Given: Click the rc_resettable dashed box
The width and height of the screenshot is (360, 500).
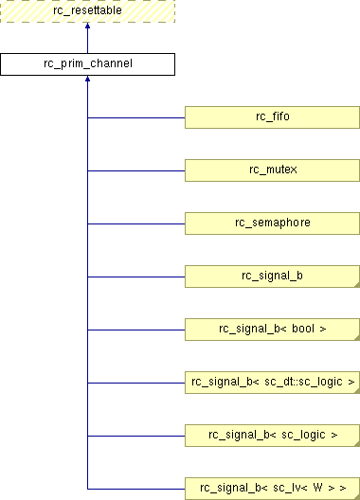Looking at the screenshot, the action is [87, 11].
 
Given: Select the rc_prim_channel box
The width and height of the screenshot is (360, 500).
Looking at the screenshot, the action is [87, 64].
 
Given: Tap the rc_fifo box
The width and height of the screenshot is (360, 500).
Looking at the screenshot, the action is [272, 117].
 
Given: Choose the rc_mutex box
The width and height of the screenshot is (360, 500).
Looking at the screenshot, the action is [272, 170].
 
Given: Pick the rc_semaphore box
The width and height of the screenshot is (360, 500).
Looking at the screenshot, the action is [272, 223].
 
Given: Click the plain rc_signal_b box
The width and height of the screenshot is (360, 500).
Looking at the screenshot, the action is [272, 277].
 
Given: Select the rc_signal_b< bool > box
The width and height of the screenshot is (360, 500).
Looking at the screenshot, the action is [272, 330].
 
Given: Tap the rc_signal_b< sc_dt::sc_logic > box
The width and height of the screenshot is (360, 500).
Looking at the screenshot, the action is [272, 383].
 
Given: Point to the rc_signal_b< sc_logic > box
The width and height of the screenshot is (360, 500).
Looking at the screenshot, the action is [272, 436].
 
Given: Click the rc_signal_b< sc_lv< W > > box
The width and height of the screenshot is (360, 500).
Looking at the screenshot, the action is [272, 489].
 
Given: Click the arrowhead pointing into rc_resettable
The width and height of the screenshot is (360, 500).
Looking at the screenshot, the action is [87, 26].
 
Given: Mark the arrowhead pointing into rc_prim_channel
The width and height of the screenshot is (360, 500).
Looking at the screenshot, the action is [87, 79].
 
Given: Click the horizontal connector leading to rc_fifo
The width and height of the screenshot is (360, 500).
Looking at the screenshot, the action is [136, 117].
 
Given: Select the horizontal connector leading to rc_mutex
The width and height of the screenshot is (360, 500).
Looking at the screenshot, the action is [136, 170].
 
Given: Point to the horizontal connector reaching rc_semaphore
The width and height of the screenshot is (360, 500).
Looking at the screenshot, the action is [136, 223].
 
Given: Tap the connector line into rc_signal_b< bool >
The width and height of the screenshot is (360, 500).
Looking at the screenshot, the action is [136, 330].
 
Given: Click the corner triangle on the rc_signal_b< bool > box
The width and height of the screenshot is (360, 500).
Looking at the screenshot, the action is [358, 338].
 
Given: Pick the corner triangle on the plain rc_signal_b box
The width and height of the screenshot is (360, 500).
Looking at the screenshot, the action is [358, 285].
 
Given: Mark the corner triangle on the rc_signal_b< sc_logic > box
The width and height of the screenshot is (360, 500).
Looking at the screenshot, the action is [358, 444].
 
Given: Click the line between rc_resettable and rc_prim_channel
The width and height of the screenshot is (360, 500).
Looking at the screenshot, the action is [87, 38].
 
